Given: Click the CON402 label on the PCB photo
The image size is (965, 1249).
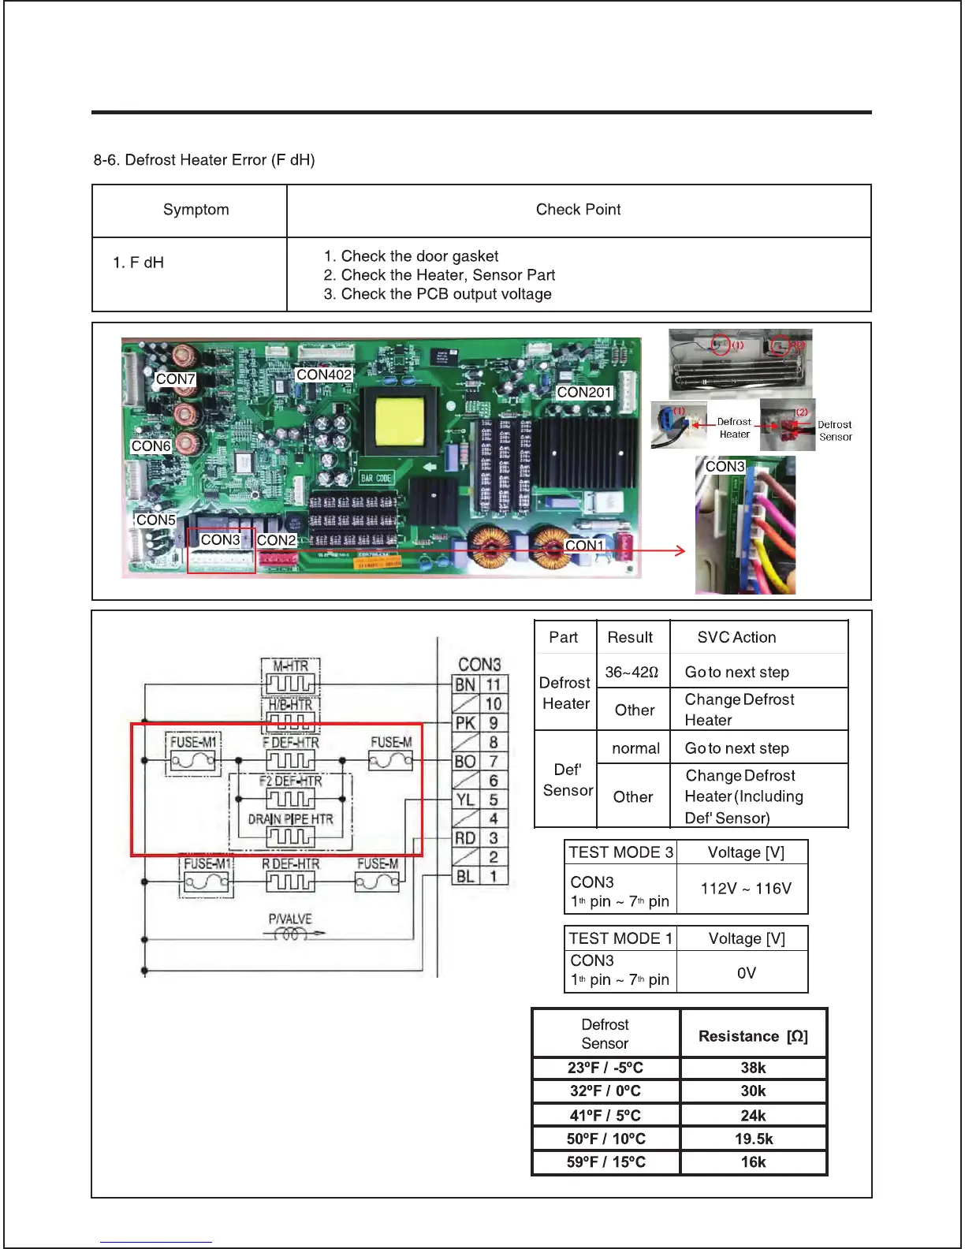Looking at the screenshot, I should coord(323,375).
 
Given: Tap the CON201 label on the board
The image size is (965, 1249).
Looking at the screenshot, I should coord(584,392).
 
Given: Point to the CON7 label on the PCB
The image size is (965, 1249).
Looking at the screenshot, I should coord(175,379).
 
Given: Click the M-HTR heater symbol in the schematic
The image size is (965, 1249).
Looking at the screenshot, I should coord(290,683).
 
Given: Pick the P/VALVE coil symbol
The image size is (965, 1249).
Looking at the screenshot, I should coord(290,934).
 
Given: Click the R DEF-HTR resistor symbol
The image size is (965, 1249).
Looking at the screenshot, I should coord(290,882).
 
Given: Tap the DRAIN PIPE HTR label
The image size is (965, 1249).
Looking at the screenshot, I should coord(290,819).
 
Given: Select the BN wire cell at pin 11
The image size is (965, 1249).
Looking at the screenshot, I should coord(465,684).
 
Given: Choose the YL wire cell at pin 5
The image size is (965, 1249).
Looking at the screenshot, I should coord(465,800).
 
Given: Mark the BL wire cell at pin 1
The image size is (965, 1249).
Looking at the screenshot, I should coord(465,876).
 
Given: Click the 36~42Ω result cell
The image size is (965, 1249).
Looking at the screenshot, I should coord(632,672).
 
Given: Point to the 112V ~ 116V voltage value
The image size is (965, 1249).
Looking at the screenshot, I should coord(745,889).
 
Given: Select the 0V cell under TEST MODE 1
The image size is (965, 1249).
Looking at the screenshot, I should coord(746,973).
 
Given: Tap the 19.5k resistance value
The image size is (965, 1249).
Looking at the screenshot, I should coord(753,1139).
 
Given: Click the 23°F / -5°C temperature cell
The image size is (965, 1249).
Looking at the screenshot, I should coord(605,1068).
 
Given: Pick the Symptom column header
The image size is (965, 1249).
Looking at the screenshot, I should coord(196,210).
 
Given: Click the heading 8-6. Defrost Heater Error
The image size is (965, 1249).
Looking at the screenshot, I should coord(204,160).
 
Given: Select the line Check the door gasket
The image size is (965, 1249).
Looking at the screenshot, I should coord(411,256).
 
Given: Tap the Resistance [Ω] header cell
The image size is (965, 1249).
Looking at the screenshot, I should coord(753,1035).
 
